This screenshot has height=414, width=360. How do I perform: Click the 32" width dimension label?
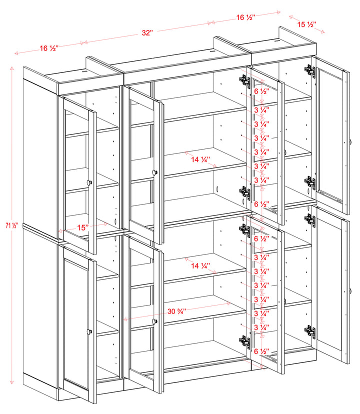tap(147, 33)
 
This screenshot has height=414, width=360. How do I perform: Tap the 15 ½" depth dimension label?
tap(306, 24)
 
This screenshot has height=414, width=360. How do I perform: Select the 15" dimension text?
tap(82, 227)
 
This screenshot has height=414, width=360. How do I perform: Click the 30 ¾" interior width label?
tap(177, 310)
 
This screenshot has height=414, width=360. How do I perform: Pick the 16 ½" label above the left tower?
tap(49, 48)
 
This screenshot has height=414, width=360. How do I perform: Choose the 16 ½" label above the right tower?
tap(246, 17)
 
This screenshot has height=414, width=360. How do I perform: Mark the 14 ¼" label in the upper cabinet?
tap(200, 160)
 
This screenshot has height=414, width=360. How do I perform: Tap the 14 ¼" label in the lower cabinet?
tap(200, 266)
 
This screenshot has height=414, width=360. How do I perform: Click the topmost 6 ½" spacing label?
tap(261, 91)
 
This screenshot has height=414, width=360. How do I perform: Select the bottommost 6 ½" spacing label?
tap(261, 351)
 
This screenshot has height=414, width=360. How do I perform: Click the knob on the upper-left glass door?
tap(90, 182)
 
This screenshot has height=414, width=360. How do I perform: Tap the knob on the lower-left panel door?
tap(90, 331)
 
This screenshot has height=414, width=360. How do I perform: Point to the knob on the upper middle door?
tap(154, 172)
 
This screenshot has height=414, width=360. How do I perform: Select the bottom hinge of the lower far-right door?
tap(310, 331)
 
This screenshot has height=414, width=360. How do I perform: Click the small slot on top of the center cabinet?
tap(213, 50)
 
